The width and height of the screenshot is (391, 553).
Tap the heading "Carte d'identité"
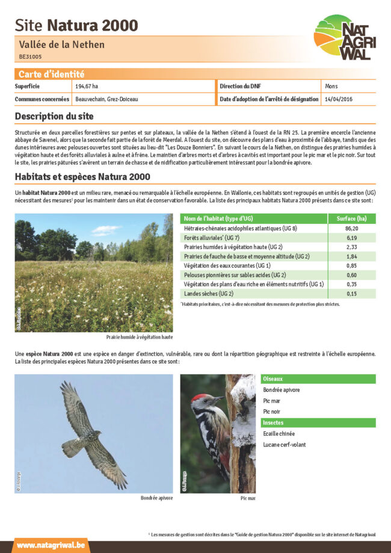[x=51, y=74]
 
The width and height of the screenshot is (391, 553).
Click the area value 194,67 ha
[x=87, y=87]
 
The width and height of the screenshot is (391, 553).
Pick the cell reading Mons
[x=331, y=87]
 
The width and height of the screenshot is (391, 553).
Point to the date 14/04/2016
[x=338, y=99]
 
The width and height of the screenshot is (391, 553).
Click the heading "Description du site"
[x=54, y=116]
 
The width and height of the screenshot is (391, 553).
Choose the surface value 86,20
[x=352, y=229]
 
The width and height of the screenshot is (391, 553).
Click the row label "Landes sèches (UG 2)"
[x=208, y=294]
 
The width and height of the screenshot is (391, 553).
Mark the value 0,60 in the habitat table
[x=352, y=272]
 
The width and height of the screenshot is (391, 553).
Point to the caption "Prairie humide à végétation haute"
[x=140, y=337]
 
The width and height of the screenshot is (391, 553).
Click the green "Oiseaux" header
[x=273, y=379]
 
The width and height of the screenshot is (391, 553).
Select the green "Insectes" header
[x=274, y=422]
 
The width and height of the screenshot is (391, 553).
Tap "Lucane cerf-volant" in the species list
[x=284, y=444]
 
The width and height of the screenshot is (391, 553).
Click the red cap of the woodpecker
[x=200, y=398]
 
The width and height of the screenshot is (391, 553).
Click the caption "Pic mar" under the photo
[x=248, y=498]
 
